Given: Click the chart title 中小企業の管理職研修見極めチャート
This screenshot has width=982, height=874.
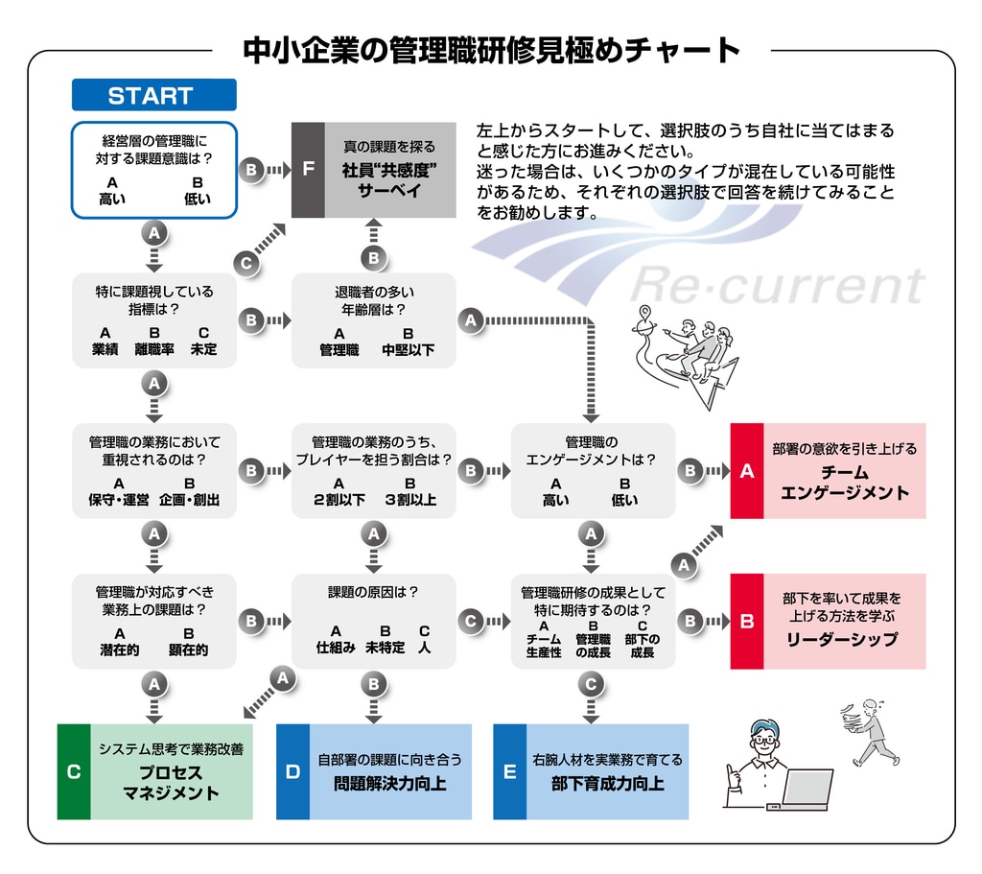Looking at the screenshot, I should click(491, 50).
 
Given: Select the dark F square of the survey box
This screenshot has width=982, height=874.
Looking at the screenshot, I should click(308, 170).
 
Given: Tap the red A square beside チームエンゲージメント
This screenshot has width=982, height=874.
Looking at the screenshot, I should click(747, 470).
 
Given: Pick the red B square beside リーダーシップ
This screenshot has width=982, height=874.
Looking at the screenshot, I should click(747, 621).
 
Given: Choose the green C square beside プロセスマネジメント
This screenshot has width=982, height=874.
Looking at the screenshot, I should click(74, 771).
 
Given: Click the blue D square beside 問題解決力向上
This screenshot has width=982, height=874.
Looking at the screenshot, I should click(292, 771).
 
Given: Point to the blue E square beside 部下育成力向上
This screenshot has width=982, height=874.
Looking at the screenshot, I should click(509, 771).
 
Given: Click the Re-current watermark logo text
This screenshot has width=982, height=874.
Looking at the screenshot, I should click(777, 285).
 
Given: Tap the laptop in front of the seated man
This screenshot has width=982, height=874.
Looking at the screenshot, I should click(807, 788).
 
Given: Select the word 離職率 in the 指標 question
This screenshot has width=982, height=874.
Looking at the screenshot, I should click(154, 350).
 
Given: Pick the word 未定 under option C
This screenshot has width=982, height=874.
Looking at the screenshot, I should click(203, 350).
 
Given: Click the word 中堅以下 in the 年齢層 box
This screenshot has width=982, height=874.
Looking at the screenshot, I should click(408, 350).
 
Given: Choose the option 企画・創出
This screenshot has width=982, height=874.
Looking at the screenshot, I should click(190, 500).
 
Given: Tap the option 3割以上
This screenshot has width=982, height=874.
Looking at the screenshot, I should click(409, 500).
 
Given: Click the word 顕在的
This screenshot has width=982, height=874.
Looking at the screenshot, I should click(189, 650).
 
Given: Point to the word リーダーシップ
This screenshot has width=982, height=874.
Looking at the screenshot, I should click(843, 639).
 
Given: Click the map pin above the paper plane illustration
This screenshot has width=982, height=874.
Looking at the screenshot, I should click(647, 313).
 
